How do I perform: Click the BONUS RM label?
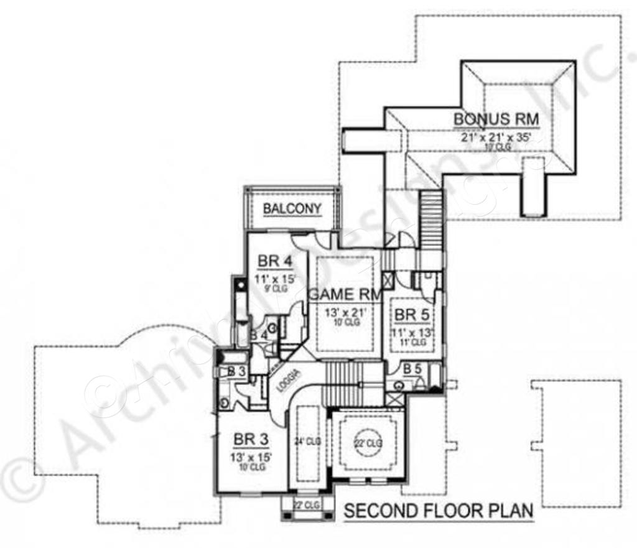coord(496,118)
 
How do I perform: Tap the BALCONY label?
coord(292,209)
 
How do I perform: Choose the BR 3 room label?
coord(251,440)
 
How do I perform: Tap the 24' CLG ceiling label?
coord(307,442)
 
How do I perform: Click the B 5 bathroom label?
coord(412,369)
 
